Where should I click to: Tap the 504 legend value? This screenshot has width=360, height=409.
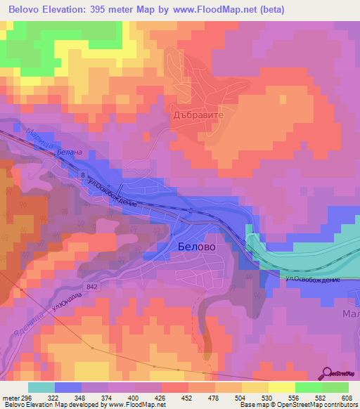[239, 397]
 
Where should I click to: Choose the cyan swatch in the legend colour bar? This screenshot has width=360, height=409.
[41, 387]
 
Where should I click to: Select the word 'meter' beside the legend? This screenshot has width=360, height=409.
[9, 397]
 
